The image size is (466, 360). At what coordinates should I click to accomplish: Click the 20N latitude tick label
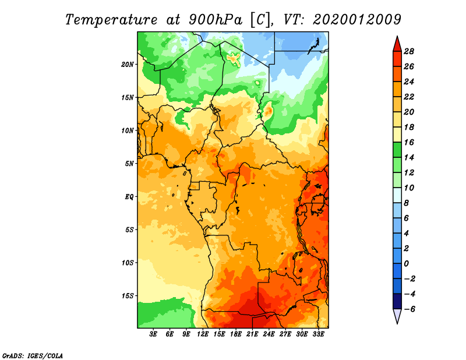click(x=127, y=65)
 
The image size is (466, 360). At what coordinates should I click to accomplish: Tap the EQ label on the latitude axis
click(x=129, y=197)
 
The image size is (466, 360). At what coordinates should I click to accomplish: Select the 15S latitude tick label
click(x=127, y=296)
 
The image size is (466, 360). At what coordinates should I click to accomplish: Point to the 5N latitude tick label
click(x=129, y=164)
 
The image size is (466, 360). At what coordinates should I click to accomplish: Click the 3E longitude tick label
click(x=153, y=334)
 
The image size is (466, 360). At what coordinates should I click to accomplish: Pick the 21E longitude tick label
click(x=252, y=334)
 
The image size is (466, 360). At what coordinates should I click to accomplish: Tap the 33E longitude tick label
click(x=318, y=334)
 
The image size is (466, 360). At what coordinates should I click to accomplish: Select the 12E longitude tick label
click(x=203, y=334)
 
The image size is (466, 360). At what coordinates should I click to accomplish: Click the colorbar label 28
click(x=409, y=51)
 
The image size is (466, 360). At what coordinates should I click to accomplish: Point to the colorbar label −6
click(x=409, y=309)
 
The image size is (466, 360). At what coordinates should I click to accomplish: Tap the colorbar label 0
click(x=406, y=264)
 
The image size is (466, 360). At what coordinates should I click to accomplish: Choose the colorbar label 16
click(x=409, y=142)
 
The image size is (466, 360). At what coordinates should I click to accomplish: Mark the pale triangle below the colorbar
click(x=397, y=315)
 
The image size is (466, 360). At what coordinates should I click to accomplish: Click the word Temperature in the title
click(x=111, y=20)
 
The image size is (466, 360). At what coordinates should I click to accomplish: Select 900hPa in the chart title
click(x=215, y=20)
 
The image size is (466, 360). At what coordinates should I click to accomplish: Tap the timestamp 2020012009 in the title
click(x=357, y=20)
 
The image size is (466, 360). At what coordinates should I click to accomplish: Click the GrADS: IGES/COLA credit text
click(x=33, y=355)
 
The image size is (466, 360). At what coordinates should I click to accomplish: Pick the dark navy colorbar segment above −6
click(x=397, y=301)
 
